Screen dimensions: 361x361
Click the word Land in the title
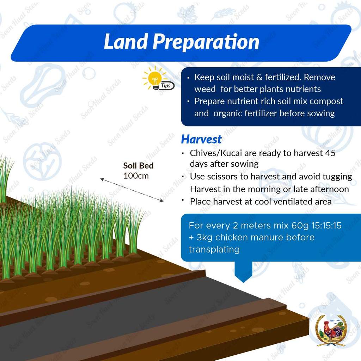tap(126, 42)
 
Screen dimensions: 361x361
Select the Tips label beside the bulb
tap(166, 86)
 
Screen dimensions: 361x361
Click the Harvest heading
tap(201, 139)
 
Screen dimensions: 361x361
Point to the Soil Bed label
tap(138, 166)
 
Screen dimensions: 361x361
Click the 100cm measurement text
tap(136, 176)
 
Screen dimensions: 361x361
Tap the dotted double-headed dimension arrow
tap(132, 190)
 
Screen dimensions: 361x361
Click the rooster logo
tap(331, 330)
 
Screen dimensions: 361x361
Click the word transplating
tap(214, 250)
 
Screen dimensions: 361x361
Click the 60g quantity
tap(300, 226)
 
